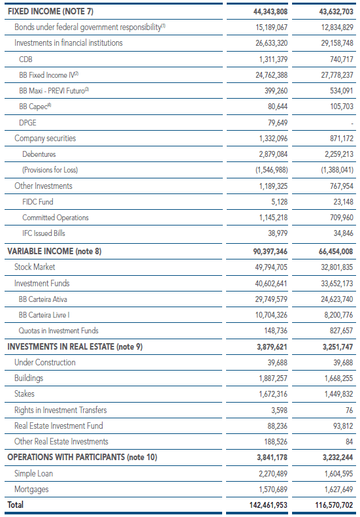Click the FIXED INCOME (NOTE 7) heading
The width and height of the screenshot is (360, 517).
click(x=50, y=12)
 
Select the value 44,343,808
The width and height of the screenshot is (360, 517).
click(x=270, y=12)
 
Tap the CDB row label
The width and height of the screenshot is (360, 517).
click(x=25, y=59)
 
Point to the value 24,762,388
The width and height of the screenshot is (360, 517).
click(x=271, y=75)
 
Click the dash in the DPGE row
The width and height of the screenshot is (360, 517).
click(x=352, y=124)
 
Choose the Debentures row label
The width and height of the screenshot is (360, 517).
click(x=39, y=154)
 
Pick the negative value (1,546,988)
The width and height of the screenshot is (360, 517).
click(x=271, y=170)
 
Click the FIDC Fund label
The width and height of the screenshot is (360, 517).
click(x=38, y=201)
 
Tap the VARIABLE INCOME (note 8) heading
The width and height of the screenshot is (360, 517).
click(x=54, y=251)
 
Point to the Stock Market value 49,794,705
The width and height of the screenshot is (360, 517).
click(x=271, y=267)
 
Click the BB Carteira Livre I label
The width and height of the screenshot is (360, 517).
click(x=44, y=315)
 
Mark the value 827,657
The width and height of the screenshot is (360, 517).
click(x=341, y=331)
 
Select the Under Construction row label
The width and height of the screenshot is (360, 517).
click(x=45, y=362)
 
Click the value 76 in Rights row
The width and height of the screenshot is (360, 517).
click(x=349, y=410)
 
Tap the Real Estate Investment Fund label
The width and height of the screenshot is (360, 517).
click(x=59, y=425)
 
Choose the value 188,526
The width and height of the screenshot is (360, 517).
click(x=276, y=441)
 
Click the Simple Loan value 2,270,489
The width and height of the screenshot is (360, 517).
click(x=273, y=473)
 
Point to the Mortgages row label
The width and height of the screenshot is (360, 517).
click(x=31, y=490)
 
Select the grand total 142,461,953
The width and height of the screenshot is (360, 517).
click(x=269, y=505)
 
